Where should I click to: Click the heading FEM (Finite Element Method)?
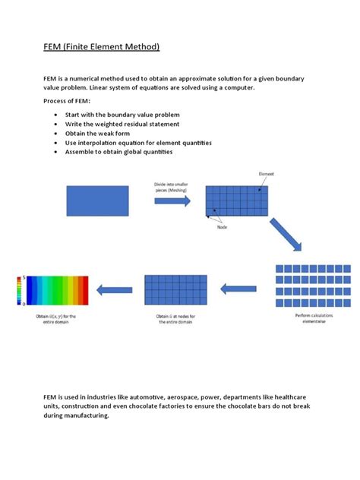click(100, 47)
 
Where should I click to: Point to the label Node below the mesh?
click(223, 226)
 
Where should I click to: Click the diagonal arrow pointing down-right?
click(286, 233)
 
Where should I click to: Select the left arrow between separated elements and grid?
click(238, 289)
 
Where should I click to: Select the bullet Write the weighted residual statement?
click(128, 124)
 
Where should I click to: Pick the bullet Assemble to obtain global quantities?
click(125, 152)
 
